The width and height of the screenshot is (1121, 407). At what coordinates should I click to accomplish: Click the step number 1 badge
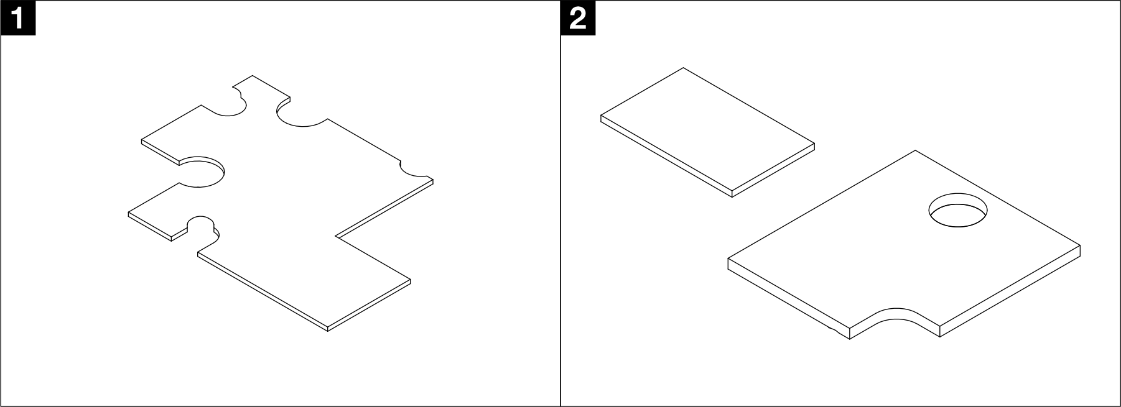(x=18, y=18)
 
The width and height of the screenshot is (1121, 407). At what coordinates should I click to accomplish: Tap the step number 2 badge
(x=578, y=18)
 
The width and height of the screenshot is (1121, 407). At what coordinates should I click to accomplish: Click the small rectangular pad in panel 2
(x=707, y=132)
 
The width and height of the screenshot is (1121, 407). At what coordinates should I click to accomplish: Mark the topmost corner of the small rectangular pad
(x=684, y=68)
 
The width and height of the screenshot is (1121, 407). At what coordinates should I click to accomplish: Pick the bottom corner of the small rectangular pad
(x=732, y=197)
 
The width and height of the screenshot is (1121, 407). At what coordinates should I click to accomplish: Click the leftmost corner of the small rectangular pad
(x=601, y=116)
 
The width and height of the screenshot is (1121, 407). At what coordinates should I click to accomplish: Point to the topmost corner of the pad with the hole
(x=915, y=150)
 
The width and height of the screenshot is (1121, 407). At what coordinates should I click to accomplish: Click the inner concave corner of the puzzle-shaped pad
(x=336, y=236)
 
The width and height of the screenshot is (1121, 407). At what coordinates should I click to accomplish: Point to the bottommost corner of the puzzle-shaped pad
(x=327, y=331)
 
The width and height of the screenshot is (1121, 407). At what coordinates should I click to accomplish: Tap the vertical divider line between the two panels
(x=560, y=203)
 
